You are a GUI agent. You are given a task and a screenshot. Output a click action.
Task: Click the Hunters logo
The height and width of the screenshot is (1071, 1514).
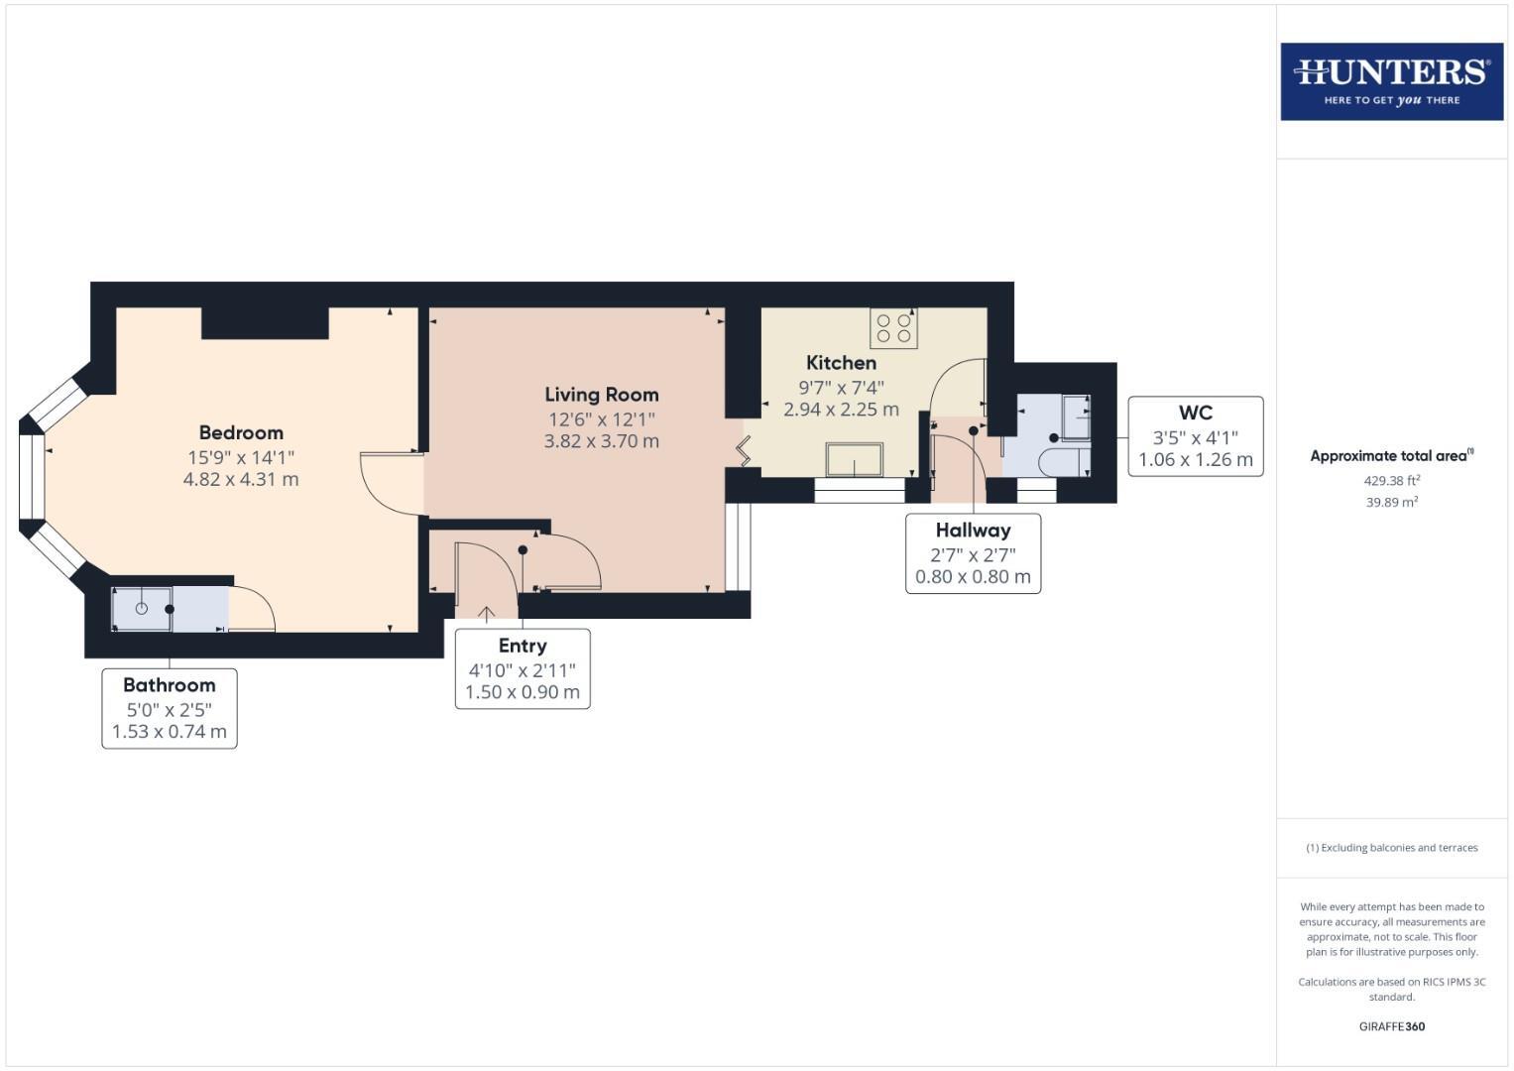(1391, 81)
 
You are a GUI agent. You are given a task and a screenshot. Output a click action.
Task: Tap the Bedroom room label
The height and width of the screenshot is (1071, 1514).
(241, 432)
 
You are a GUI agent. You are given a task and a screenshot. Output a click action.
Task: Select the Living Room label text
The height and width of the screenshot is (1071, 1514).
(601, 395)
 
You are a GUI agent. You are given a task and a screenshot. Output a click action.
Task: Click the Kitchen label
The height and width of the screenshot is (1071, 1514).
(841, 363)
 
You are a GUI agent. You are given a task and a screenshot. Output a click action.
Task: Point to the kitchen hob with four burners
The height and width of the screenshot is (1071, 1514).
(893, 328)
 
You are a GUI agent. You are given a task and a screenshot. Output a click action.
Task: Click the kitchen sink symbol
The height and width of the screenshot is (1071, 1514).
(854, 460)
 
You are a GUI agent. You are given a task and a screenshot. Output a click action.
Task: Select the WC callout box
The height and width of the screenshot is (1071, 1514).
(1195, 436)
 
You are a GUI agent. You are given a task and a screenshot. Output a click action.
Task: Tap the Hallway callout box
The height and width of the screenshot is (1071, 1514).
(973, 553)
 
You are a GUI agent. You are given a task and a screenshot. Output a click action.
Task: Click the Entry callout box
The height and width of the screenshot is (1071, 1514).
(523, 668)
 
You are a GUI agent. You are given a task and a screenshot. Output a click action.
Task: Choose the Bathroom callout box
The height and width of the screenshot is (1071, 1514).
(170, 708)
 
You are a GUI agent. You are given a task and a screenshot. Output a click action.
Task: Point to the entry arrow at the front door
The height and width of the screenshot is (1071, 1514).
(486, 614)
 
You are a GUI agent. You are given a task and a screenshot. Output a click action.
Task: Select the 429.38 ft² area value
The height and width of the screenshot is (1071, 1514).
(1391, 480)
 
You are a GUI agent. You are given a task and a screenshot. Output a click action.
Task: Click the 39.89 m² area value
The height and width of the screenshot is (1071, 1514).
(1391, 503)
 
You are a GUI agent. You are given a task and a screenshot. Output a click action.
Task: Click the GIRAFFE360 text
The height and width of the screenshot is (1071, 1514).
(1391, 1026)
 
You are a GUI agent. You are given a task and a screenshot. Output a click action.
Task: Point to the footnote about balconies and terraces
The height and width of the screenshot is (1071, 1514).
(1391, 848)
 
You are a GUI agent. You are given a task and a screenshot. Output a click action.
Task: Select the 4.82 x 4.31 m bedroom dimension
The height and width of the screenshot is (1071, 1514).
(241, 479)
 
